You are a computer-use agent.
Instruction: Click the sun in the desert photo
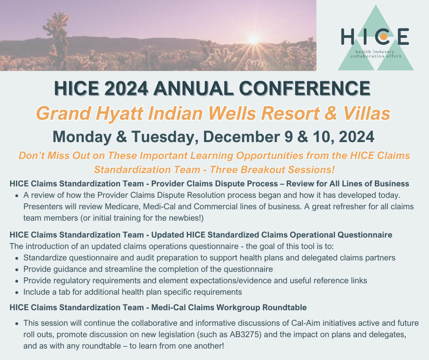click(254, 39)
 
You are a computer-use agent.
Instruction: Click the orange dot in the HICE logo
click(383, 37)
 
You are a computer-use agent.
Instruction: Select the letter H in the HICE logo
click(348, 37)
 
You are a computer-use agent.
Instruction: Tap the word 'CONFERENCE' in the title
click(304, 88)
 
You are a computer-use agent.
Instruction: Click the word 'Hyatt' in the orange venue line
click(119, 113)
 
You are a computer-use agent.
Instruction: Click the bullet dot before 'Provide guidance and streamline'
click(17, 270)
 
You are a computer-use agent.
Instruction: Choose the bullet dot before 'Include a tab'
click(17, 292)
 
